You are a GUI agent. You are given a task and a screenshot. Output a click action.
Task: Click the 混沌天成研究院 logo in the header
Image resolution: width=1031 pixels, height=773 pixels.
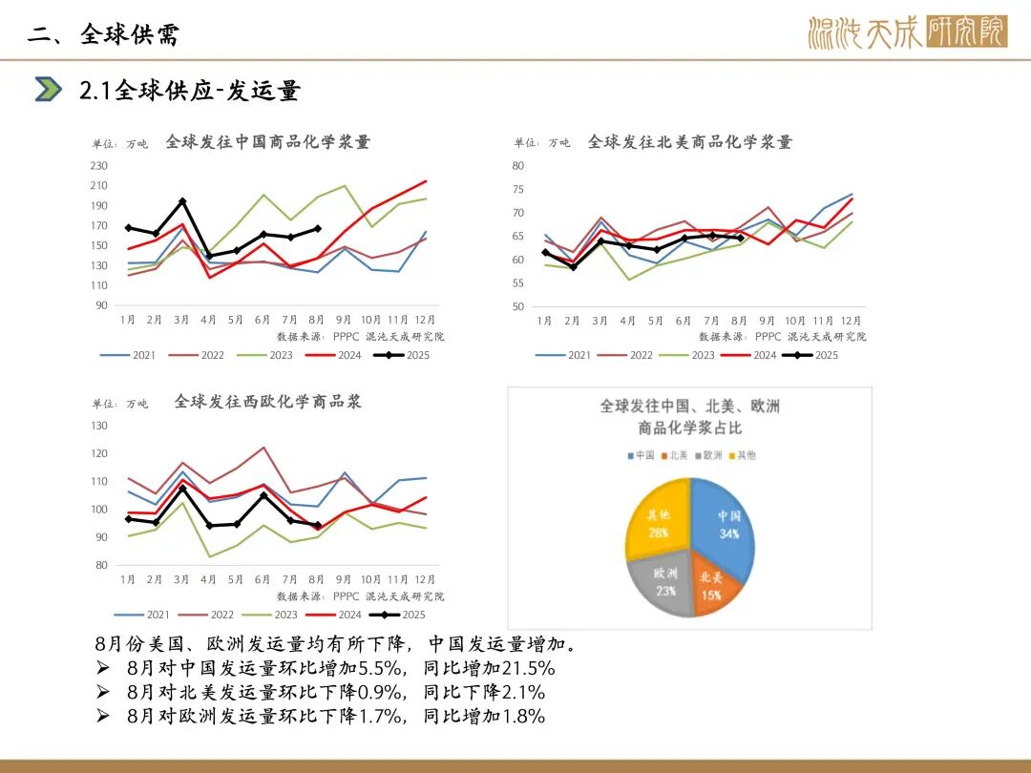point(906,33)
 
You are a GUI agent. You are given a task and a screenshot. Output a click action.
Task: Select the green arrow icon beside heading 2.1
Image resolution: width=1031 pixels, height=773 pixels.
point(48,89)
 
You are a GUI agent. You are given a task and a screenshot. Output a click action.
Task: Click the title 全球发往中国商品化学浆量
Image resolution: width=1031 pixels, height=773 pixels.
point(267,142)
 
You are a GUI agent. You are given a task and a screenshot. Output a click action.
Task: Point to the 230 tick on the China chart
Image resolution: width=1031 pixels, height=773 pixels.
point(99,165)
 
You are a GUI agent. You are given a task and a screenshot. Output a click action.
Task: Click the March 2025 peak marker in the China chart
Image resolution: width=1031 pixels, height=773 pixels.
point(182,201)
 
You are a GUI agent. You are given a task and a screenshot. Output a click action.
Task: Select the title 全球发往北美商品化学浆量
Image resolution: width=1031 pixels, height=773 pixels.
point(689,142)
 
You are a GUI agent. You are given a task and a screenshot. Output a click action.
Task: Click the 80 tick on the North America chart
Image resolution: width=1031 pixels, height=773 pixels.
point(518,165)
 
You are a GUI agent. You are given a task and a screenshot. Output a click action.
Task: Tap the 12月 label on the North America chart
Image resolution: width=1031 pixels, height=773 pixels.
point(851,321)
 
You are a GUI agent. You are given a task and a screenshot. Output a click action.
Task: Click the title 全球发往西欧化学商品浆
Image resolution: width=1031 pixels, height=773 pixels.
point(267,402)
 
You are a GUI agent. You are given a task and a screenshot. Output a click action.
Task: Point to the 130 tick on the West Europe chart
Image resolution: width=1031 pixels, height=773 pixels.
point(99,426)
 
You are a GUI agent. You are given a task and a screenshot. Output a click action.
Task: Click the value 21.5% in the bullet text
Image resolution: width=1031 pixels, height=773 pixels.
point(524,667)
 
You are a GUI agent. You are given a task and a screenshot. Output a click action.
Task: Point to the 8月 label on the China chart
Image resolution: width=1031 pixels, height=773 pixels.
point(318,321)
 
